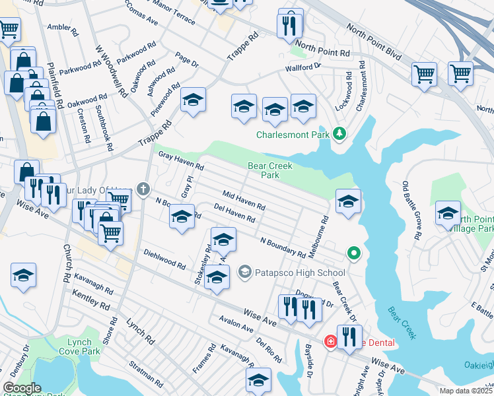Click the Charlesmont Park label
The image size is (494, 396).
click(293, 135)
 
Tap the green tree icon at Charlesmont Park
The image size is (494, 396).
click(339, 134)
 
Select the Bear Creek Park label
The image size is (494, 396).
click(269, 170)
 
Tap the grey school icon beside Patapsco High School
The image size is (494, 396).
click(245, 271)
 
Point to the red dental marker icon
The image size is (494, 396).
click(330, 341)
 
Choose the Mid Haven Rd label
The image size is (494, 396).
click(244, 201)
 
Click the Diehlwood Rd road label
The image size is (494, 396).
click(164, 259)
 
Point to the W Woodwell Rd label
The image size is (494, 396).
click(111, 71)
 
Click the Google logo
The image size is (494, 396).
click(22, 388)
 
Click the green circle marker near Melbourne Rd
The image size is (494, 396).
click(354, 253)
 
